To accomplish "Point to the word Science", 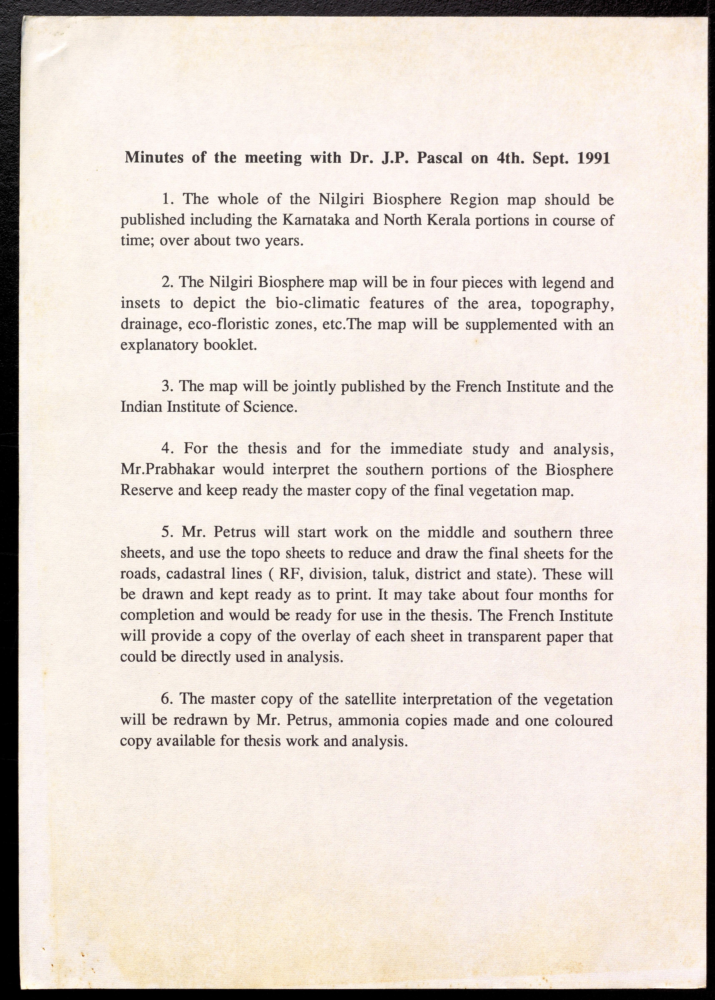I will click(270, 407).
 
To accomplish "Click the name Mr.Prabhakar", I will click(168, 470).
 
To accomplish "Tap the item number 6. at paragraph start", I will click(167, 700).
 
